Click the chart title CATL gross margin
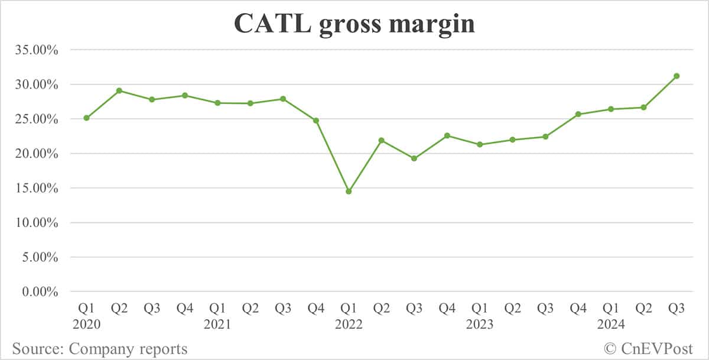click(354, 24)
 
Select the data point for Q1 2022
click(349, 192)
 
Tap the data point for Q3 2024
click(677, 76)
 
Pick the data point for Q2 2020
click(119, 90)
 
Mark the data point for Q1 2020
click(86, 118)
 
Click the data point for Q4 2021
click(316, 121)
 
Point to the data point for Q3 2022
click(414, 158)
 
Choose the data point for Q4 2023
click(578, 114)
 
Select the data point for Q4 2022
click(447, 135)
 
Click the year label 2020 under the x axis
click(86, 324)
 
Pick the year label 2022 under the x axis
click(349, 324)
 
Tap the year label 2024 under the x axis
click(611, 324)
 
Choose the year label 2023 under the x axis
click(480, 324)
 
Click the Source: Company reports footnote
click(99, 349)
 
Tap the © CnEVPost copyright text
click(648, 349)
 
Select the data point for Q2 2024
click(643, 107)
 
